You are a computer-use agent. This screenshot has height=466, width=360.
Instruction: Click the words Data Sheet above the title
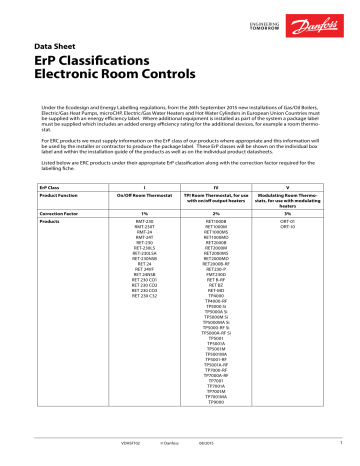tap(56, 46)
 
